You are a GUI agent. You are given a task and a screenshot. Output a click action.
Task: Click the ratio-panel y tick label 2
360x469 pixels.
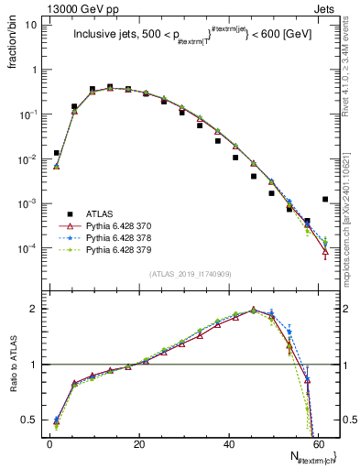click(35, 309)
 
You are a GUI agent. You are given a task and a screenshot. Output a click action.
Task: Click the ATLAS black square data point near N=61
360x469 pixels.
click(325, 199)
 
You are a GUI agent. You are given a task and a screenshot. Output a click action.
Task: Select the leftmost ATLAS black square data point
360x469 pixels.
click(57, 153)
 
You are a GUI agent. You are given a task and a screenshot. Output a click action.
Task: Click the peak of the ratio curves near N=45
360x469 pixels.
click(253, 310)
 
